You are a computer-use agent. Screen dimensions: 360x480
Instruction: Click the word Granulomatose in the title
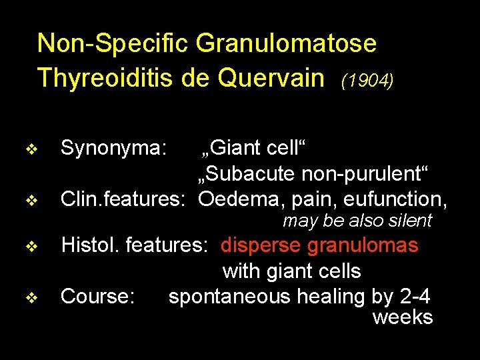(286, 45)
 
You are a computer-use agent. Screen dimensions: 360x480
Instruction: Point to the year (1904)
(367, 81)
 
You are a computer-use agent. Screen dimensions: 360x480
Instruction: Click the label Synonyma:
(113, 148)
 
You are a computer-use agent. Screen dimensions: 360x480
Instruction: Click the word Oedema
(241, 199)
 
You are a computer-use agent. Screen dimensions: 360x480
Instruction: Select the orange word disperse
(261, 245)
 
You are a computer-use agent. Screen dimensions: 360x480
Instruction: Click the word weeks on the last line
(403, 317)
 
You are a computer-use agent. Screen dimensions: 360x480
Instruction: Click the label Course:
(98, 296)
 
